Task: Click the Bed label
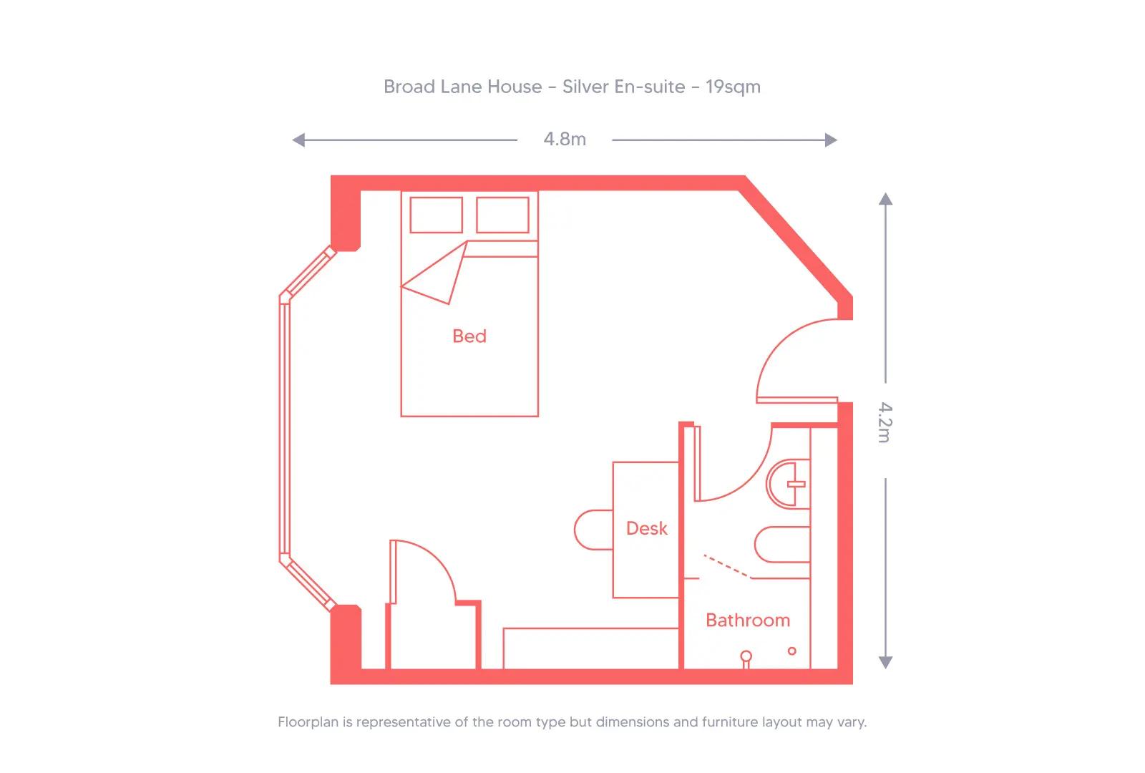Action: click(469, 336)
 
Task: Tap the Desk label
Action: click(646, 528)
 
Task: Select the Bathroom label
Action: click(748, 620)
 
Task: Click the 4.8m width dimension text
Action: click(565, 140)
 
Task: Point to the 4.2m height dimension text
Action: click(885, 422)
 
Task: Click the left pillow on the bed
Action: click(436, 214)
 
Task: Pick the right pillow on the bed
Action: click(502, 214)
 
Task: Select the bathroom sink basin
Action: click(787, 485)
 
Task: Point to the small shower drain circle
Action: click(791, 651)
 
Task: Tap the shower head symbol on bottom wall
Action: click(746, 657)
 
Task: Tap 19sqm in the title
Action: click(733, 87)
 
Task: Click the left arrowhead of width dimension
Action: click(298, 140)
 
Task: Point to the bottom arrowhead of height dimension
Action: click(885, 663)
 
